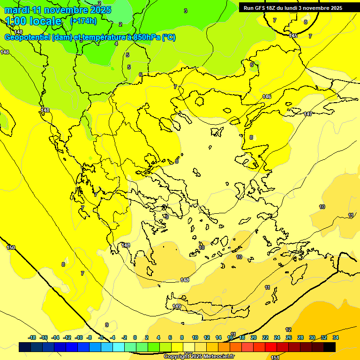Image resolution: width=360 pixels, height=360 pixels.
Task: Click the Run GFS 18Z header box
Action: [x=293, y=8]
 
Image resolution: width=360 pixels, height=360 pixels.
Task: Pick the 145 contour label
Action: [x=293, y=36]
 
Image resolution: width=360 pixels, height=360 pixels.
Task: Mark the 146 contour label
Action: [x=267, y=97]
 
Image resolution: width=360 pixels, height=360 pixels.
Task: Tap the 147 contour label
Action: [x=307, y=114]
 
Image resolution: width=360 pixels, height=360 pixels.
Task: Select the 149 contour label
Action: [x=177, y=306]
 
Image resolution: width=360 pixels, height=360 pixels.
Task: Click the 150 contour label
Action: [x=11, y=247]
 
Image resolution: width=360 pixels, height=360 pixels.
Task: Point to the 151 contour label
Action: [x=275, y=357]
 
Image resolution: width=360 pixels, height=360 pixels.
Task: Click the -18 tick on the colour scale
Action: [x=32, y=337]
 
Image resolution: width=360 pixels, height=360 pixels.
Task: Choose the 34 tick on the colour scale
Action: [x=336, y=337]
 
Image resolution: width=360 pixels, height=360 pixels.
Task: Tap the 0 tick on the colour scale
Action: [x=135, y=337]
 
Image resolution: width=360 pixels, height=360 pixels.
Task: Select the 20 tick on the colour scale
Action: [x=254, y=337]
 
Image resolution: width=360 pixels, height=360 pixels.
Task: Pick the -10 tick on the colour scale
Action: [x=79, y=337]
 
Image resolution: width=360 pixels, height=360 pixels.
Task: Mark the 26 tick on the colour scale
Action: [x=289, y=337]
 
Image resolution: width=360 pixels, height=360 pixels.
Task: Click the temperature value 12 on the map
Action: [x=288, y=330]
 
